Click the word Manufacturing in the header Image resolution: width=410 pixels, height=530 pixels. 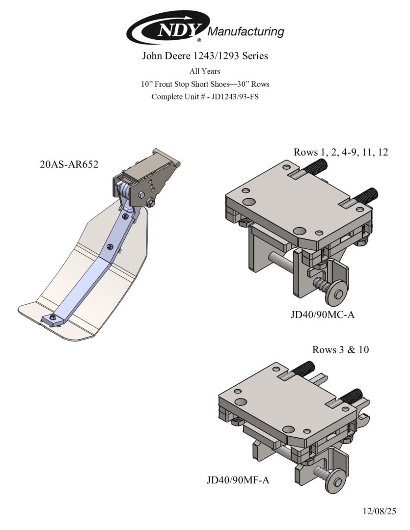(x=246, y=32)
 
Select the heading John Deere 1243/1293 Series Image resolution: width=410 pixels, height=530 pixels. (x=205, y=55)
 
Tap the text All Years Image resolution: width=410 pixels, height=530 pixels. (x=205, y=71)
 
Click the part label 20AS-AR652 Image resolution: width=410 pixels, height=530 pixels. (x=69, y=164)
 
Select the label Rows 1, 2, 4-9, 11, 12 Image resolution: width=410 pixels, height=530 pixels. (x=341, y=152)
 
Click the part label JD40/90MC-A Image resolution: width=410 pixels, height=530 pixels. (x=323, y=315)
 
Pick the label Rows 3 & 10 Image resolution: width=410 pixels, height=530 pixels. (x=341, y=349)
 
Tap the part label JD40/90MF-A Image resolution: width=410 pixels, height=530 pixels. (x=238, y=480)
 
